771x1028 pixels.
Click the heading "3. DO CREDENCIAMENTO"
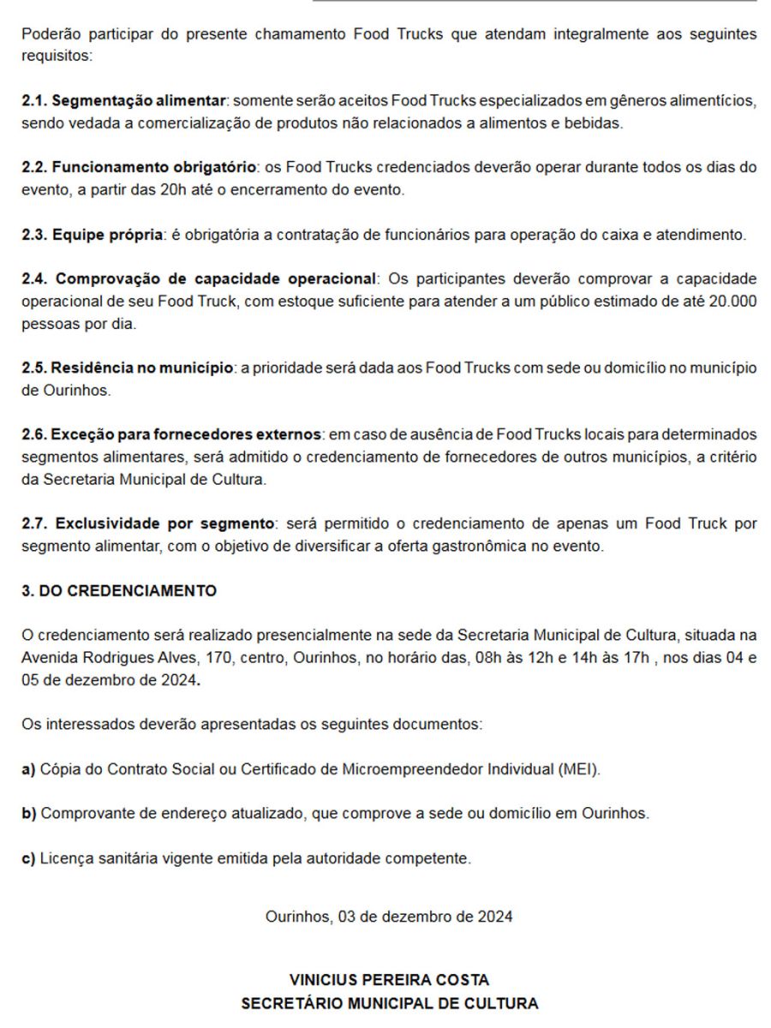[x=119, y=591]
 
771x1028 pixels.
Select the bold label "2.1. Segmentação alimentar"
[x=126, y=101]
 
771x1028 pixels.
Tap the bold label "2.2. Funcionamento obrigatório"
[x=139, y=167]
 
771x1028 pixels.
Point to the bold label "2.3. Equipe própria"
[x=92, y=235]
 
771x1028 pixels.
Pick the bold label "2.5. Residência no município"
[x=127, y=368]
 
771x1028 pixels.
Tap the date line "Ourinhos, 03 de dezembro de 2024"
[x=390, y=917]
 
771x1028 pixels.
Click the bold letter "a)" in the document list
[x=28, y=768]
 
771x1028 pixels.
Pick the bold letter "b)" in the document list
[x=28, y=813]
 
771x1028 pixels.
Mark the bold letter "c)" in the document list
[x=28, y=858]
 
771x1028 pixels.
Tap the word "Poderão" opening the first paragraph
[x=48, y=34]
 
